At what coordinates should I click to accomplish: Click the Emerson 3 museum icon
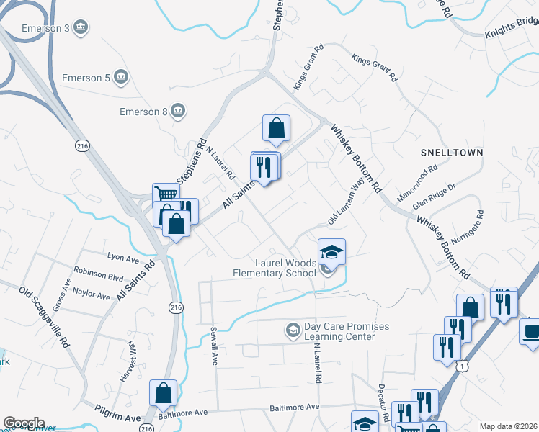coord(81,28)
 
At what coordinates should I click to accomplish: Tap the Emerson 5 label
coord(86,77)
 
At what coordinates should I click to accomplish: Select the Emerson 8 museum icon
coord(179,111)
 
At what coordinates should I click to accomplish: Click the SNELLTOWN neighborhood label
coord(452,153)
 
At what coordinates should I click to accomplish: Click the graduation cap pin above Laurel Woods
coord(332,252)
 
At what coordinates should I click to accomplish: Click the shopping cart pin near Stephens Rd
coord(166,195)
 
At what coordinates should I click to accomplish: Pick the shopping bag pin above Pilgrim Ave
coord(163,393)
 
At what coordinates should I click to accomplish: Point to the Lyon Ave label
coord(122,257)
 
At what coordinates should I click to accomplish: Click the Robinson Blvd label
coord(99,275)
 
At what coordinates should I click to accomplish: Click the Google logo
coord(24,423)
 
